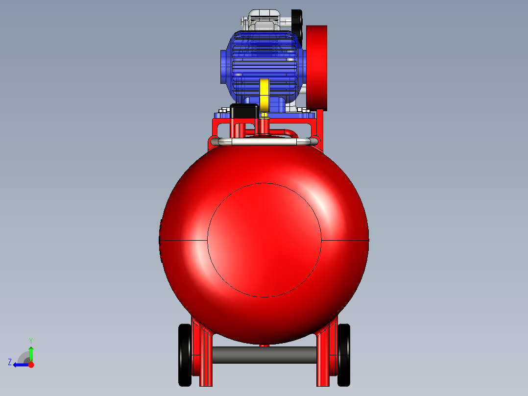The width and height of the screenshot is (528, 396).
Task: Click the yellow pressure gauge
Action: point(264,95)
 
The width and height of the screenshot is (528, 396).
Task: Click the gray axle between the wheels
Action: point(264,355)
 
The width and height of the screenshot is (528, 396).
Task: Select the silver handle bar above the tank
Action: point(264,142)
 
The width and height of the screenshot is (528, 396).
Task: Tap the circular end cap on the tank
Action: point(264,240)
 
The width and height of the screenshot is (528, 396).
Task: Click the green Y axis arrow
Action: point(31,353)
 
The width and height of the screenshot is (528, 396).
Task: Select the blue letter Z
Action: point(10,362)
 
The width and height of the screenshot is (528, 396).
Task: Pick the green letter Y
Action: point(30,340)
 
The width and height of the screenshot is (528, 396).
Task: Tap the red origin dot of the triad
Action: point(31,365)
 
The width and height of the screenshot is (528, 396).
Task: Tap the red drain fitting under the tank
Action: point(264,345)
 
